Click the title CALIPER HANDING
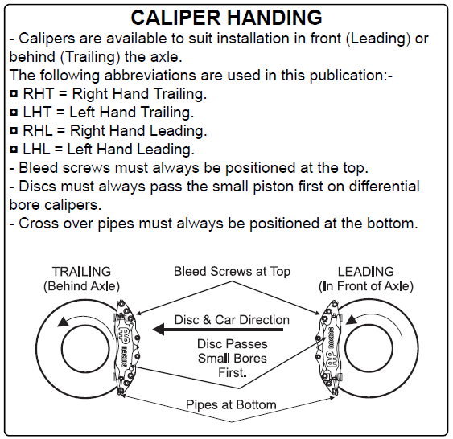[x=227, y=18]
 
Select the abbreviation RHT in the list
[x=39, y=94]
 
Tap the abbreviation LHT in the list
[x=37, y=113]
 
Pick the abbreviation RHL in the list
[x=38, y=131]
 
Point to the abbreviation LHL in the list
[x=36, y=150]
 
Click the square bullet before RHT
[x=14, y=94]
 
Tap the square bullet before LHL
[x=14, y=150]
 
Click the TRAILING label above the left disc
[x=81, y=272]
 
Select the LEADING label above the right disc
[x=366, y=272]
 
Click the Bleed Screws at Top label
[x=232, y=272]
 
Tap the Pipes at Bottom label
[x=231, y=404]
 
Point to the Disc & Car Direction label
[x=232, y=320]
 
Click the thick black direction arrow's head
[x=159, y=330]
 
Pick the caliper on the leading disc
[x=329, y=347]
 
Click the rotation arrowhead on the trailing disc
[x=63, y=322]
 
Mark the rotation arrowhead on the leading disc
[x=351, y=319]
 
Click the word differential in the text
[x=385, y=187]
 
